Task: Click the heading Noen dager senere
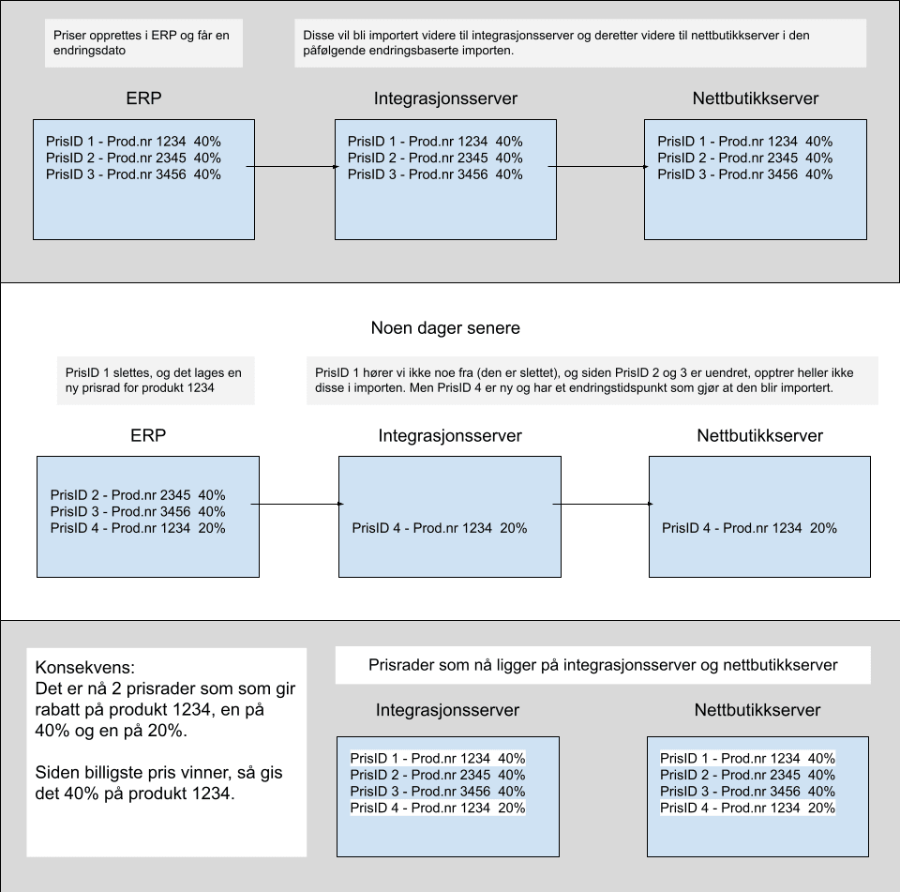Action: click(445, 328)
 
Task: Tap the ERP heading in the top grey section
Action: click(143, 98)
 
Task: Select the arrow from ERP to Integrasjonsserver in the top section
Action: click(292, 167)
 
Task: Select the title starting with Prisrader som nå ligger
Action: click(603, 665)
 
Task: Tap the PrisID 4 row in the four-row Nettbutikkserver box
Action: click(747, 808)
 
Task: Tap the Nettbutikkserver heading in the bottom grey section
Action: click(757, 710)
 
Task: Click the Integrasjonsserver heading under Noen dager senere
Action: click(450, 435)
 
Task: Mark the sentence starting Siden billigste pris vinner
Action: click(159, 783)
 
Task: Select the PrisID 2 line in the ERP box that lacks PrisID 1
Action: click(138, 495)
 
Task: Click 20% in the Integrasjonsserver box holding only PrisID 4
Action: click(513, 528)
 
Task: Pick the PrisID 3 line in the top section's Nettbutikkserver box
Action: click(745, 174)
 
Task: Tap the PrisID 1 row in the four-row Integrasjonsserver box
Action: click(438, 758)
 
